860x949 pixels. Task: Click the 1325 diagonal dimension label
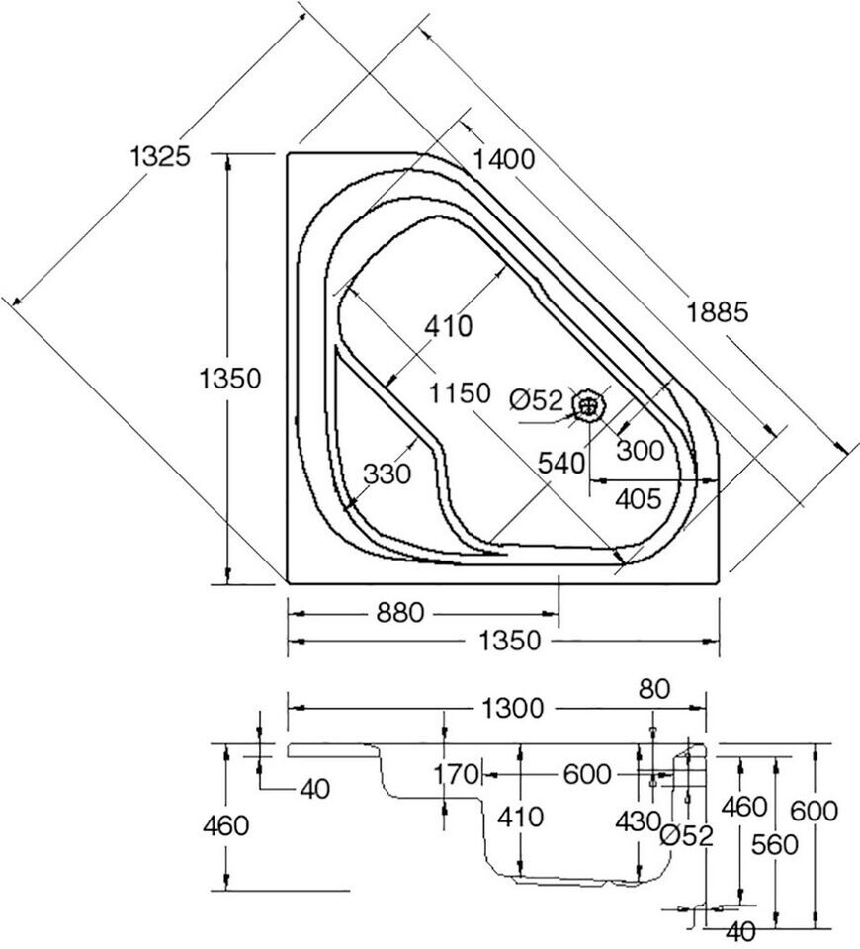coord(160,157)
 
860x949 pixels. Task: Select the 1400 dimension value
coord(503,160)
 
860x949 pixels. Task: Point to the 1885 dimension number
coord(718,313)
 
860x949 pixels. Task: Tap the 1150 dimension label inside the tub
coord(460,393)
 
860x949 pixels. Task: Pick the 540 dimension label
coord(561,463)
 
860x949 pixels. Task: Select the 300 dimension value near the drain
coord(641,451)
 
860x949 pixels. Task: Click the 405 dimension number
coord(639,499)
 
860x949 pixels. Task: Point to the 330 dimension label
coord(387,474)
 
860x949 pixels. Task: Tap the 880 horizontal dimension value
coord(400,614)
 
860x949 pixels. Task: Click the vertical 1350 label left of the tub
coord(230,379)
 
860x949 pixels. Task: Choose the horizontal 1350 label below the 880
coord(510,641)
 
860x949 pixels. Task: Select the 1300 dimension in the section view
coord(513,708)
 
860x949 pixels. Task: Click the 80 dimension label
coord(654,689)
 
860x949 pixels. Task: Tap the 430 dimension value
coord(638,821)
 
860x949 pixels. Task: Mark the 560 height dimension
coord(775,845)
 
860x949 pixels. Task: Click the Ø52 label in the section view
coord(687,836)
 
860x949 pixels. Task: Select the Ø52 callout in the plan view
coord(537,400)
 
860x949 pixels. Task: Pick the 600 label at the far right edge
coord(814,811)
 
